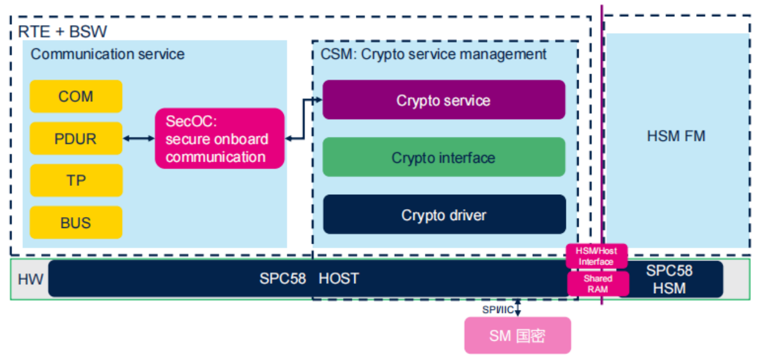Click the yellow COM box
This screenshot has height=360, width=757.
coord(76,96)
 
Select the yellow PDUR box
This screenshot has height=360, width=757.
coord(76,139)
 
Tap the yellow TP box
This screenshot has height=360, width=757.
coord(76,180)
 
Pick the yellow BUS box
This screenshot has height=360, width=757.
coord(76,223)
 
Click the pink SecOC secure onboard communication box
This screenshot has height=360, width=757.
coord(219,139)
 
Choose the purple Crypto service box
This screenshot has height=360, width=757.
coord(444,100)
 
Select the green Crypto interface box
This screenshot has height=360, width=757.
coord(444,157)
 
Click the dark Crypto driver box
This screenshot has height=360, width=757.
coord(444,215)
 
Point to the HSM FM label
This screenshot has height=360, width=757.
coord(676,136)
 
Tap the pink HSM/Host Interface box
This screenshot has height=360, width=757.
coord(597,256)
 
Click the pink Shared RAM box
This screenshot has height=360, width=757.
coord(598,283)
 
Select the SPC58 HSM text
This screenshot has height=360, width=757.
coord(670,279)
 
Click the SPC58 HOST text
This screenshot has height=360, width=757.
coord(309,279)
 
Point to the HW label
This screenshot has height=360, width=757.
coord(30,279)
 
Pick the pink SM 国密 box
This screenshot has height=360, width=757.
coord(517,336)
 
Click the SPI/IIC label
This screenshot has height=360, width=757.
coord(497,309)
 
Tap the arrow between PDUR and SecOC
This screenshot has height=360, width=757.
coord(139,139)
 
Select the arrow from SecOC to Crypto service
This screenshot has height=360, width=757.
coord(303,121)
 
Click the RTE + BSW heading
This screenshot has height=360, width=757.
coord(63,31)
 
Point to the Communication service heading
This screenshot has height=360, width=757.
coord(107,54)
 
